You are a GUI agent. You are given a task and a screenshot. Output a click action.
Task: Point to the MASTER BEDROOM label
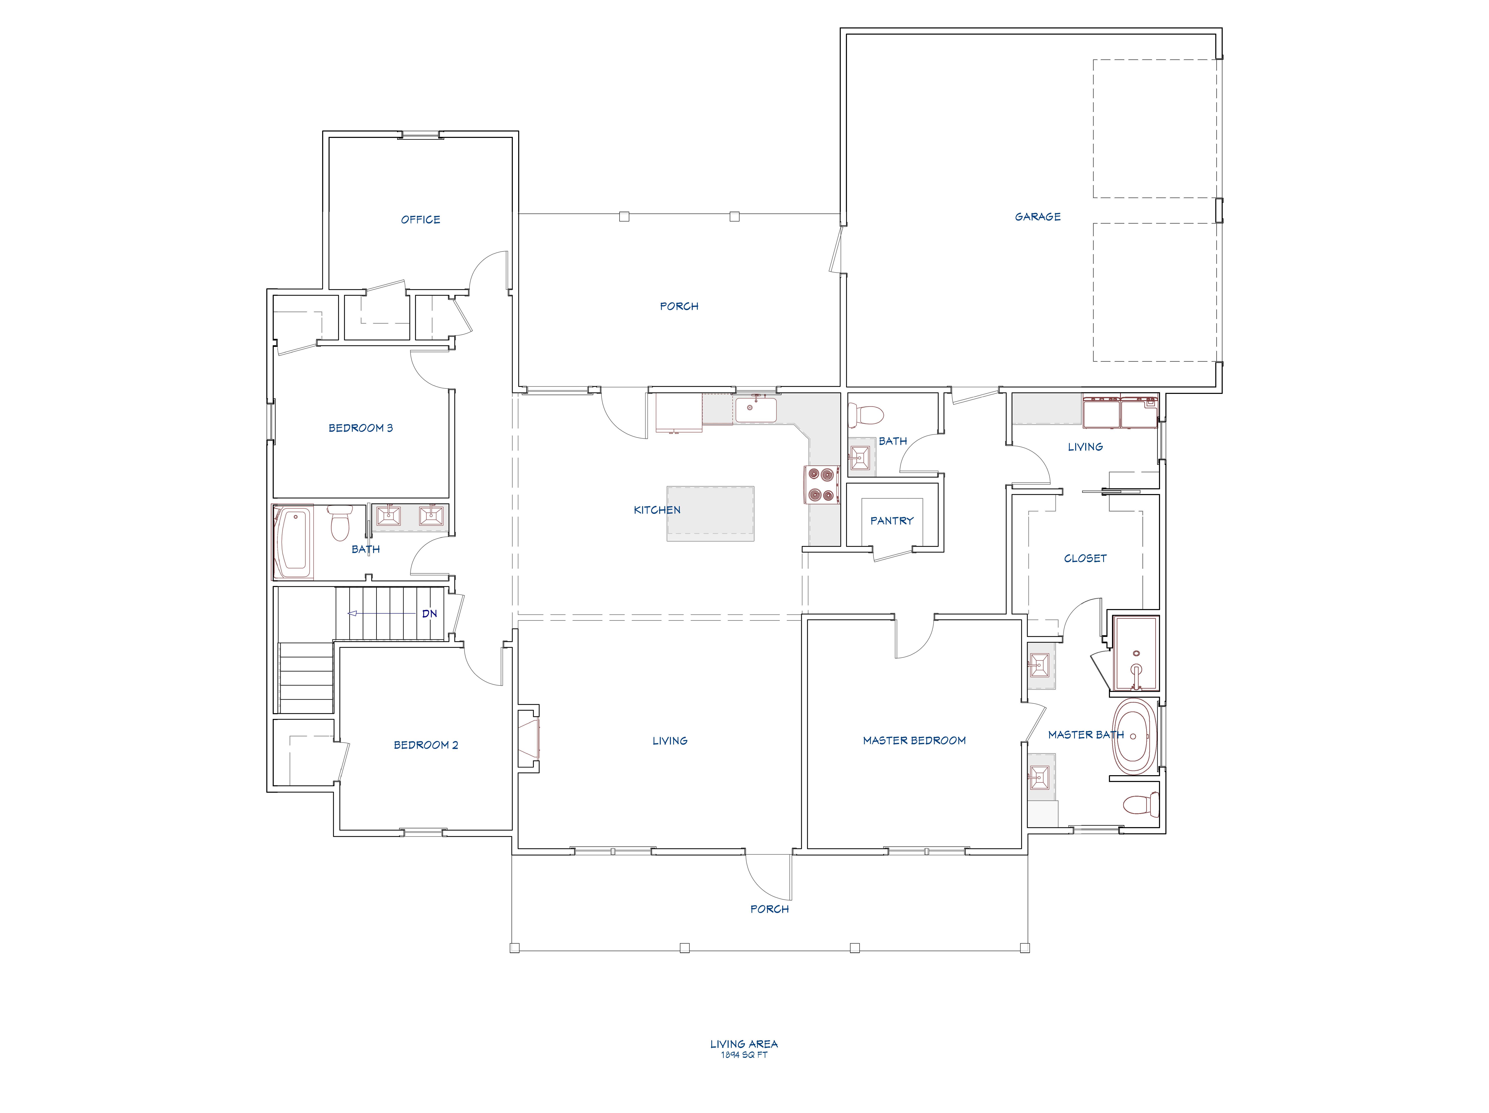pyautogui.click(x=914, y=741)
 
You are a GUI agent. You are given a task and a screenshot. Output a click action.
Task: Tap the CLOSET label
pyautogui.click(x=1085, y=558)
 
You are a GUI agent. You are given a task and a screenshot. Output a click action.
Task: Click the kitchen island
pyautogui.click(x=710, y=514)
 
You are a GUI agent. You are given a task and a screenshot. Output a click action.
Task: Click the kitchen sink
pyautogui.click(x=755, y=409)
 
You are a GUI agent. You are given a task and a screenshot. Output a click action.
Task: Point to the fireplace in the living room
pyautogui.click(x=529, y=738)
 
